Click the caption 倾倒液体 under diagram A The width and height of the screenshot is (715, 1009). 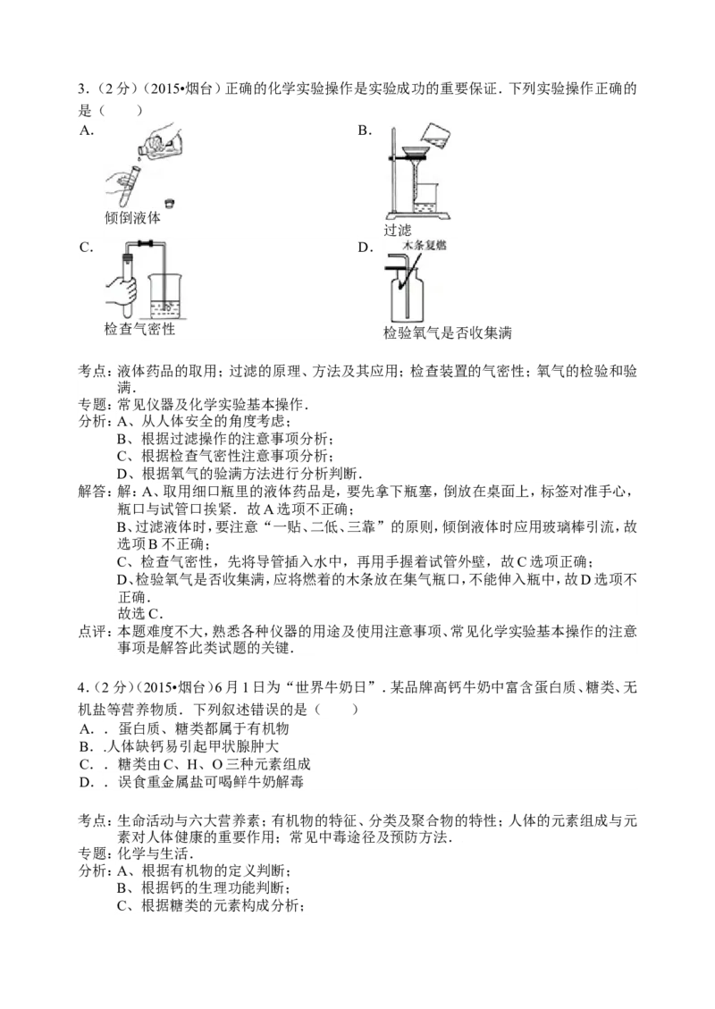coord(132,217)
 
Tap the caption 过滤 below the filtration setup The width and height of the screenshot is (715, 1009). coord(397,230)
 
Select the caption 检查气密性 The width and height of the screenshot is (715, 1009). coord(139,329)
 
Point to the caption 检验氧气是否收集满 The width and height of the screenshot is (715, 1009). coord(447,332)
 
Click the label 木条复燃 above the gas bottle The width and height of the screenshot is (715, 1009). coord(425,245)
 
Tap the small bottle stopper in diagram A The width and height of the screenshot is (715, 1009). coord(169,204)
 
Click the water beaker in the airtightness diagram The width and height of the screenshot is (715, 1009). coord(164,296)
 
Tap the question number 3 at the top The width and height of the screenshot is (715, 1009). coord(83,88)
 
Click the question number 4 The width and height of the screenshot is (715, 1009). coord(83,688)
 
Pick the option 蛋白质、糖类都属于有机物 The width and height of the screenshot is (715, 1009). coord(204,728)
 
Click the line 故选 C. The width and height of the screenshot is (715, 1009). coord(140,613)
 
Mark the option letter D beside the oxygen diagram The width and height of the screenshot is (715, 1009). coord(365,248)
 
